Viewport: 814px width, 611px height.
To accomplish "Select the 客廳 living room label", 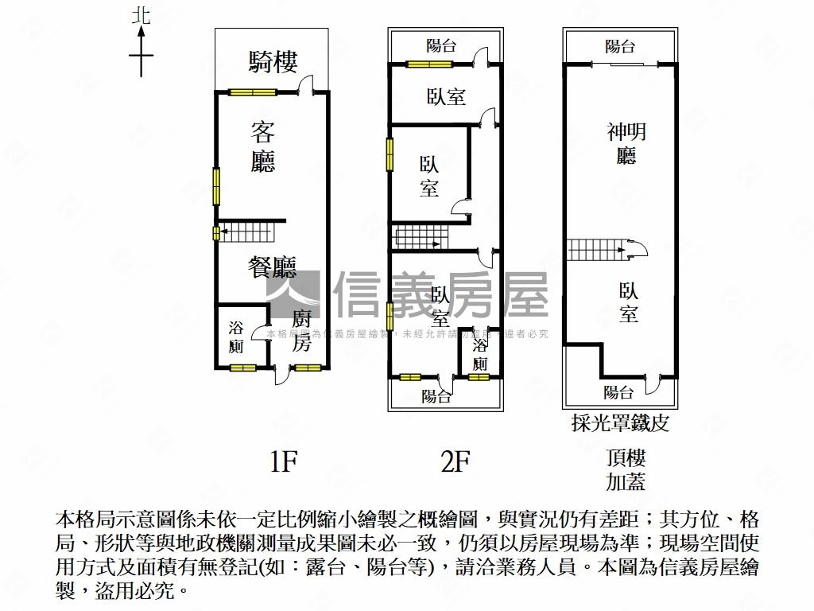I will pos(263,146).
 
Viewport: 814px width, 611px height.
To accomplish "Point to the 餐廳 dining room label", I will pos(272,267).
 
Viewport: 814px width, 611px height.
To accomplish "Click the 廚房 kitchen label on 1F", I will pos(300,330).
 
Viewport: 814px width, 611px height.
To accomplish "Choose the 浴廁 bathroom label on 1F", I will pos(236,337).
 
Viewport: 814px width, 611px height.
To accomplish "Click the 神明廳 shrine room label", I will pos(626,142).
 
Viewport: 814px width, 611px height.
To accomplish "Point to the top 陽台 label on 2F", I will pos(441,45).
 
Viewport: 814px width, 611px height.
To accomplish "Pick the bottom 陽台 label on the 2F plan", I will pos(436,395).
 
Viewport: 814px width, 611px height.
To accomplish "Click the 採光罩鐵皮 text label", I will pos(620,422).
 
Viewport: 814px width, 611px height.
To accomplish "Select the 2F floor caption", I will pos(455,462).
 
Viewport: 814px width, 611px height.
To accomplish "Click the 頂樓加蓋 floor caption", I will pos(626,469).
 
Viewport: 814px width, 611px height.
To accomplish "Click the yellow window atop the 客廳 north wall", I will pos(253,92).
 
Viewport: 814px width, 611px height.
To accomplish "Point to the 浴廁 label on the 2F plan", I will pos(479,355).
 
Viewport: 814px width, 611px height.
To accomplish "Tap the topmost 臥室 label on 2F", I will pos(446,97).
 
